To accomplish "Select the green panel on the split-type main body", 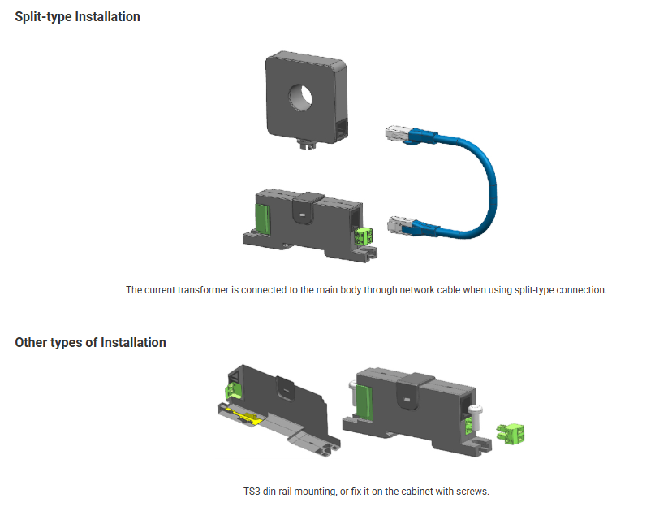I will tap(262, 219).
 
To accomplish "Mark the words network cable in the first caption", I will tap(429, 290).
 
